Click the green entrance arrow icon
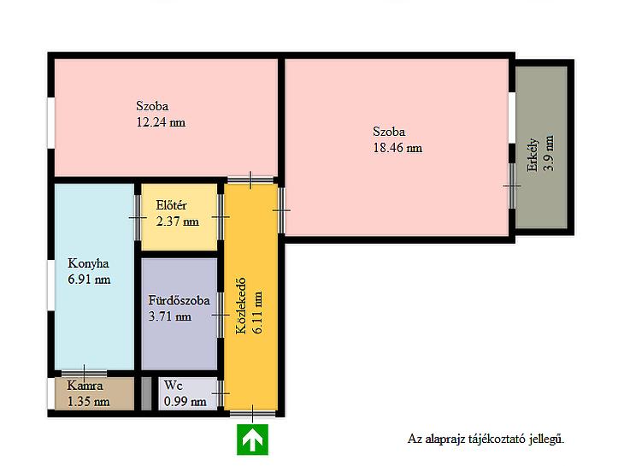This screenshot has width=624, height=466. click(x=252, y=439)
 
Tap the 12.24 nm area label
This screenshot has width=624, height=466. click(x=161, y=121)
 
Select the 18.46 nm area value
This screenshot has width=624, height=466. click(x=397, y=148)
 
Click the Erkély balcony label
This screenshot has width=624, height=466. click(x=533, y=156)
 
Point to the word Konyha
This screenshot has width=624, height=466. click(x=88, y=263)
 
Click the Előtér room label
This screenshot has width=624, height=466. click(x=171, y=205)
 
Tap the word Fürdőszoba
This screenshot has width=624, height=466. click(x=180, y=300)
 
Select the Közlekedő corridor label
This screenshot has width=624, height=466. click(x=241, y=306)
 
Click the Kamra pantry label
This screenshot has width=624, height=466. click(x=85, y=386)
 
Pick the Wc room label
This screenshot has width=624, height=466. click(x=174, y=386)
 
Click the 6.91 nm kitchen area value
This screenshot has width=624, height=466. click(x=89, y=280)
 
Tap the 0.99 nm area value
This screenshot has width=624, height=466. click(x=185, y=402)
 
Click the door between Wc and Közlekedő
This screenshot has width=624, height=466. click(x=221, y=393)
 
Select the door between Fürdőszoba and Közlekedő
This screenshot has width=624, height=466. click(x=221, y=315)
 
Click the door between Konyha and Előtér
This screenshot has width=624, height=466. click(x=138, y=217)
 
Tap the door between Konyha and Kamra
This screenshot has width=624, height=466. click(x=84, y=374)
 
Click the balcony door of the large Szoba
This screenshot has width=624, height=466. click(x=512, y=186)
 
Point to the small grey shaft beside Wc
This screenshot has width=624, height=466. click(x=146, y=393)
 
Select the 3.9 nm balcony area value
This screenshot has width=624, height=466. click(x=549, y=153)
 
